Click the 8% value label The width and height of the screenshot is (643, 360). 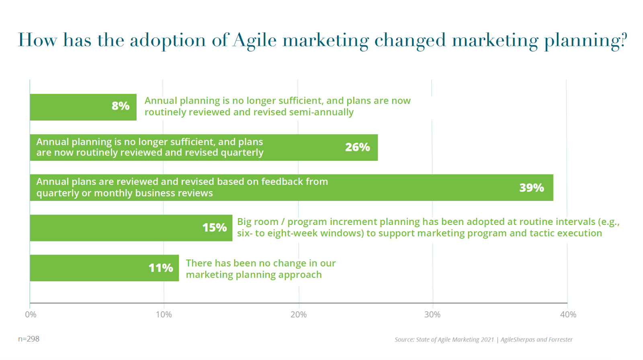[121, 106]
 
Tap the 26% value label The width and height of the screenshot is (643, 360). [357, 147]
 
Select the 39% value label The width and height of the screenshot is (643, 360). [531, 188]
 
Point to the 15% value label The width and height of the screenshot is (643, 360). [214, 228]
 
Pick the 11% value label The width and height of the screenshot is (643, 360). [160, 268]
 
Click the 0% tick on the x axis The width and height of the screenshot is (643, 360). [31, 315]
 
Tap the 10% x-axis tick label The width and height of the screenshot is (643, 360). [164, 315]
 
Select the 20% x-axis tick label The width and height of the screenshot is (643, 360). [299, 315]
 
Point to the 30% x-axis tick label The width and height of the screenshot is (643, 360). [432, 315]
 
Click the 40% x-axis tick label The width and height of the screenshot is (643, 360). [568, 315]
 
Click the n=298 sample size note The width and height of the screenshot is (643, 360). [29, 339]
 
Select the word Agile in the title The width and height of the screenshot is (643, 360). [255, 41]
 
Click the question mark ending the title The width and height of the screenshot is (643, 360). [623, 40]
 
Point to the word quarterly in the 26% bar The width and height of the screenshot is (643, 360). [244, 153]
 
